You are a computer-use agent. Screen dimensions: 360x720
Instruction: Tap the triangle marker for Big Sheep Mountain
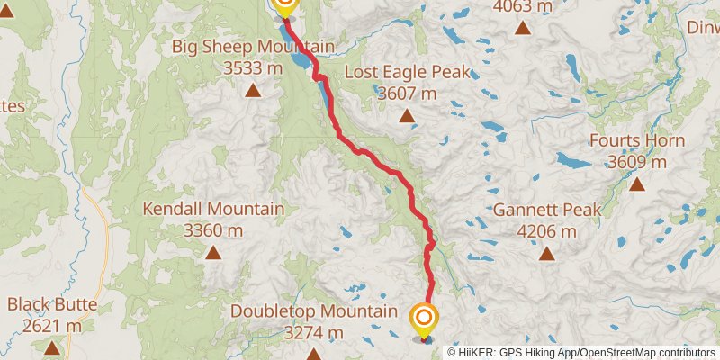point(253,90)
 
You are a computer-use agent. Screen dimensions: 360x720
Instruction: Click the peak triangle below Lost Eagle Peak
point(407,115)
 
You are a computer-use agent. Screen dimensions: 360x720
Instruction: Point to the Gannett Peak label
point(546,211)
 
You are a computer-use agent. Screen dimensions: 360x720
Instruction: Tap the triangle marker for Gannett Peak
point(546,254)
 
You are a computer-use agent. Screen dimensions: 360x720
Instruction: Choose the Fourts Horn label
point(637,141)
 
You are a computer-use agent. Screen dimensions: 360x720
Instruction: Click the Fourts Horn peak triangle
point(637,184)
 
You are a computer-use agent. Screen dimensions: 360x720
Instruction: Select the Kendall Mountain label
point(214,210)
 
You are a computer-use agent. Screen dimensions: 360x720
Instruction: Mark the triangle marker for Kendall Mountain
point(214,253)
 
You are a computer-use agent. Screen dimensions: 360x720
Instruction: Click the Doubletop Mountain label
point(313,311)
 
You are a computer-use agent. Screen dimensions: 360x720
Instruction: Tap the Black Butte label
point(52,304)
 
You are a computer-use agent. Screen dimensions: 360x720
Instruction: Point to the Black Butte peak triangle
point(52,347)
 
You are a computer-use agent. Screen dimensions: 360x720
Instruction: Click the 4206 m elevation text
point(546,231)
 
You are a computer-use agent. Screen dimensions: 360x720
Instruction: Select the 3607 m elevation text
point(407,93)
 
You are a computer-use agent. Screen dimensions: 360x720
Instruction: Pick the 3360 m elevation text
point(214,230)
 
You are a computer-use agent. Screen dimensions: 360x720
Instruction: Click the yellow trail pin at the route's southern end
point(424,319)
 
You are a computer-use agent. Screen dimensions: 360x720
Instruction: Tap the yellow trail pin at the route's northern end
point(284,5)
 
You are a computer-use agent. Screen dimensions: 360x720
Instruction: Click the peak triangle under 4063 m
point(523,27)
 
